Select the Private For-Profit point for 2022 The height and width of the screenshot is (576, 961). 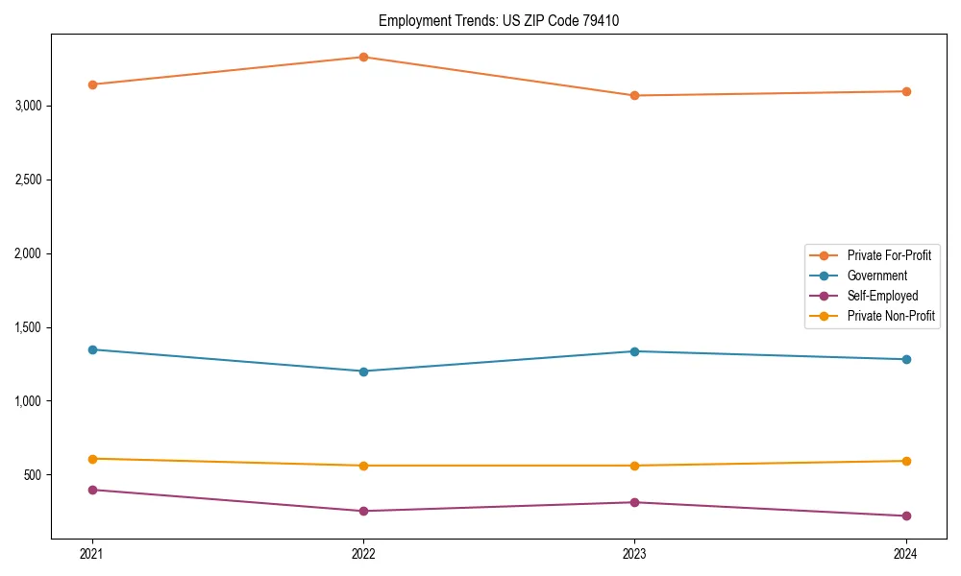pyautogui.click(x=363, y=57)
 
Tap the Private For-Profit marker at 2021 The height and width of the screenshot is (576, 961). pyautogui.click(x=92, y=84)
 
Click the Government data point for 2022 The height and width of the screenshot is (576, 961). pyautogui.click(x=363, y=372)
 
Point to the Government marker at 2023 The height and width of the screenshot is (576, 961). pyautogui.click(x=634, y=351)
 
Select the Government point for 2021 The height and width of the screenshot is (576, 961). pyautogui.click(x=92, y=349)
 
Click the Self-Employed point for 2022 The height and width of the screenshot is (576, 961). pyautogui.click(x=363, y=511)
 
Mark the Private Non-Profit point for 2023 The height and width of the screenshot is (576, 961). pyautogui.click(x=634, y=466)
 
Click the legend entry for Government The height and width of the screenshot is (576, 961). pyautogui.click(x=876, y=276)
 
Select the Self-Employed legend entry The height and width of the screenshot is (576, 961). pyautogui.click(x=882, y=296)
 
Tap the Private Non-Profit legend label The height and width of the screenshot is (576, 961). pyautogui.click(x=891, y=316)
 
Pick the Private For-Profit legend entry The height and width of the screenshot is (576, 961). pyautogui.click(x=889, y=255)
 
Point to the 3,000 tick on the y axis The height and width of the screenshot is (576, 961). pyautogui.click(x=29, y=106)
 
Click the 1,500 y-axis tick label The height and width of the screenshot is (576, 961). pyautogui.click(x=29, y=327)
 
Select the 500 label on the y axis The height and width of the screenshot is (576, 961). pyautogui.click(x=35, y=475)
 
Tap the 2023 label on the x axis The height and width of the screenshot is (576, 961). pyautogui.click(x=634, y=553)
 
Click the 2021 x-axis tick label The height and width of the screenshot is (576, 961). pyautogui.click(x=92, y=553)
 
